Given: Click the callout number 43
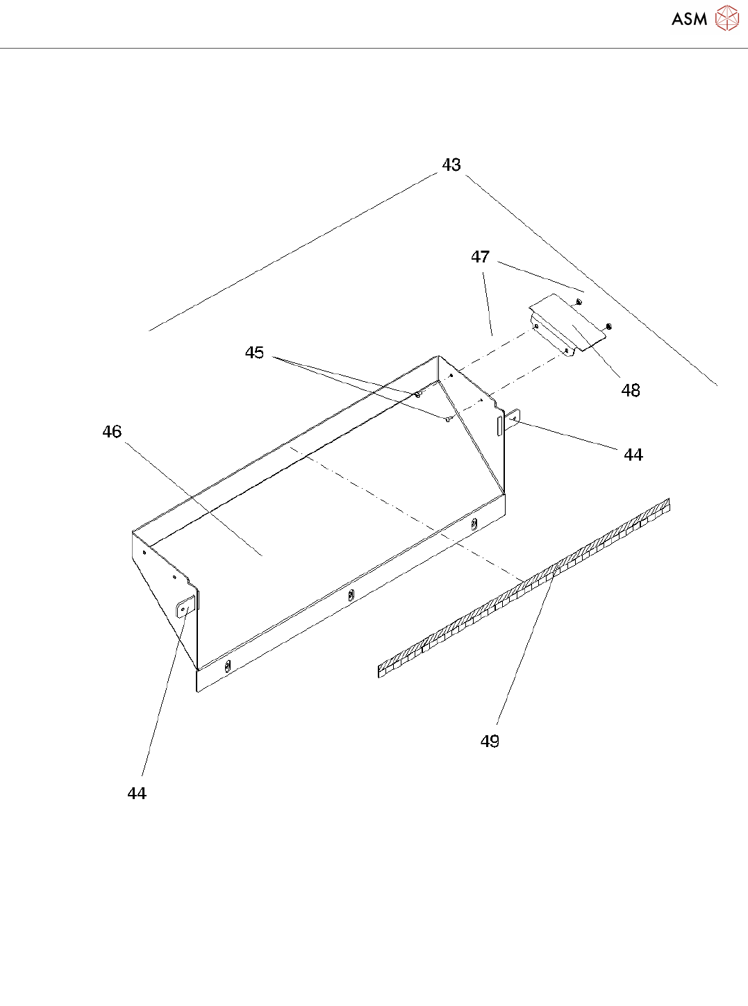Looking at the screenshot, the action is pyautogui.click(x=451, y=165).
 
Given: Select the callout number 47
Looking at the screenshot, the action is pyautogui.click(x=480, y=258).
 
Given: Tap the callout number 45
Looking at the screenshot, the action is pyautogui.click(x=254, y=353).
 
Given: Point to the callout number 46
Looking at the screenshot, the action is pyautogui.click(x=112, y=432).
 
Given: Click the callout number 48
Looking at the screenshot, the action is pyautogui.click(x=630, y=391).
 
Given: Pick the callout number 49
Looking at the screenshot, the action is pyautogui.click(x=490, y=741).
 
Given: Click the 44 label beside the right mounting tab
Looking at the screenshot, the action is pyautogui.click(x=633, y=455).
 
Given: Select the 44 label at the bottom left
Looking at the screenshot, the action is pyautogui.click(x=137, y=794).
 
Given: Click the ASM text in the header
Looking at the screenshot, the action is pyautogui.click(x=689, y=19).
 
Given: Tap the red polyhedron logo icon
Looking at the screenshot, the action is pyautogui.click(x=727, y=18).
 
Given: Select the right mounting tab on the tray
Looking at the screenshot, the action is pyautogui.click(x=513, y=419).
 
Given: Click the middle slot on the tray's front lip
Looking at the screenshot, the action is pyautogui.click(x=351, y=594).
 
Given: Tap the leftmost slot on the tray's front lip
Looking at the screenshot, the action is pyautogui.click(x=227, y=667).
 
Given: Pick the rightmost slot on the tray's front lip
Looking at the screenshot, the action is pyautogui.click(x=474, y=523).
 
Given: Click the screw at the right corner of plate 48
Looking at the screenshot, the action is pyautogui.click(x=608, y=326).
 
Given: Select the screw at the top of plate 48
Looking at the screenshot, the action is pyautogui.click(x=579, y=302).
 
